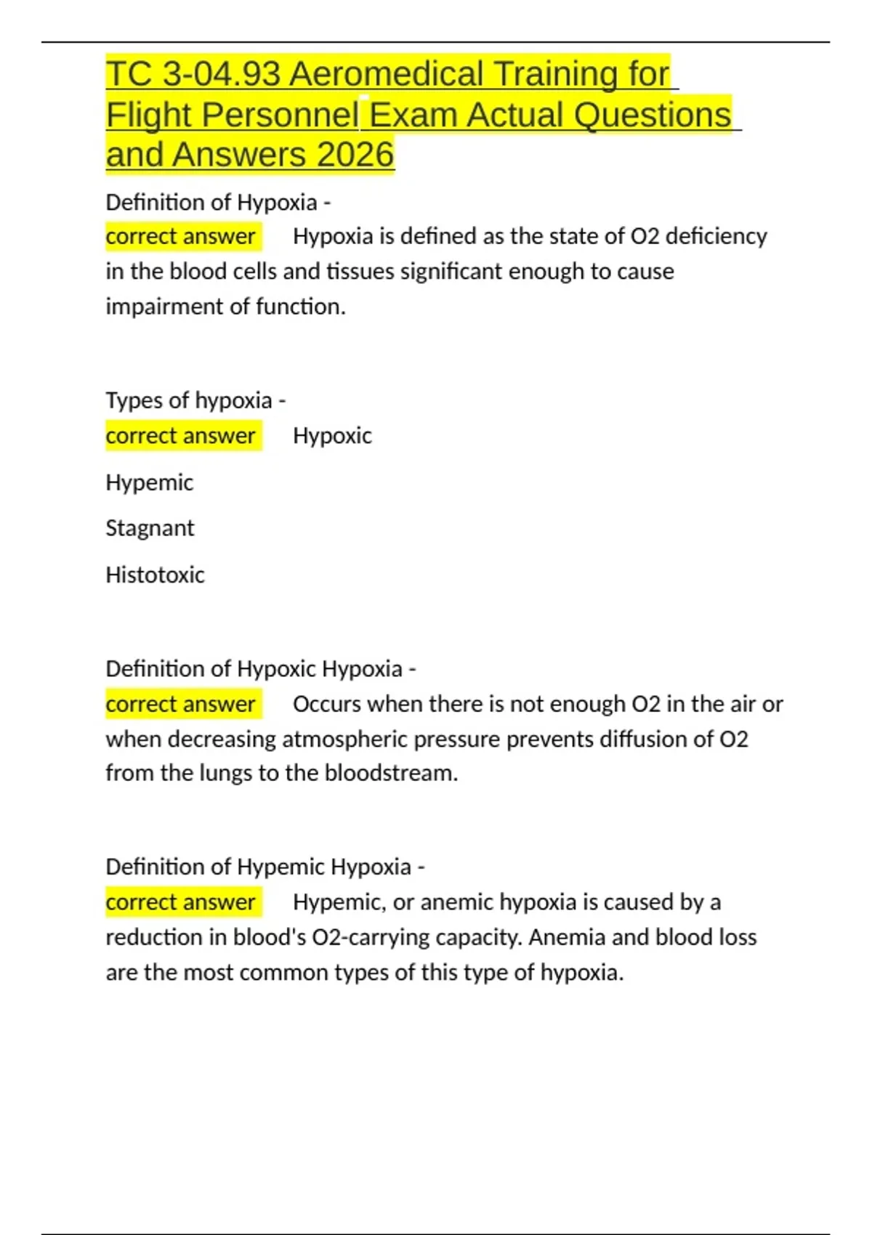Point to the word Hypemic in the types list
150,482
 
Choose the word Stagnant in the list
150,528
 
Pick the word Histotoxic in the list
155,575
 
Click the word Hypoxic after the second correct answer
332,436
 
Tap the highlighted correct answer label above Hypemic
181,436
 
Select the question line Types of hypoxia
195,400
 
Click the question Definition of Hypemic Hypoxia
265,867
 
